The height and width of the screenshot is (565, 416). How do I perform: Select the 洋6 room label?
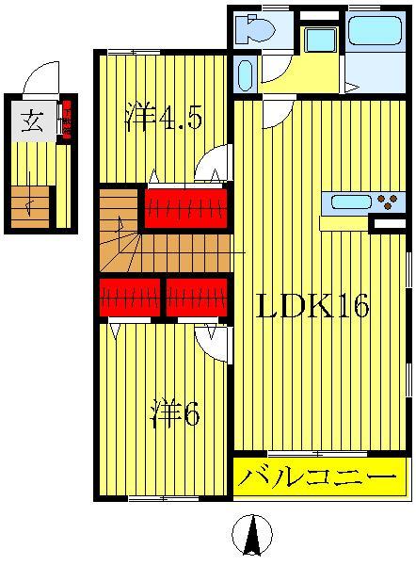[x=175, y=414]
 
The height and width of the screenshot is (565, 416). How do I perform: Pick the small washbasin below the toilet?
[x=245, y=73]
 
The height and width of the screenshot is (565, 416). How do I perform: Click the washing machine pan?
[x=320, y=40]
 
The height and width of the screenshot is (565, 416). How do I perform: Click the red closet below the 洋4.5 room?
[x=185, y=207]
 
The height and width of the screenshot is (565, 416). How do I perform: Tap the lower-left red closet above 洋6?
[x=129, y=298]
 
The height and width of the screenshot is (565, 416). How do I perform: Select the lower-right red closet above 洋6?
[x=197, y=298]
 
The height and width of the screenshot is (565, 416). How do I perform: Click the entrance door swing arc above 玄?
[x=40, y=79]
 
